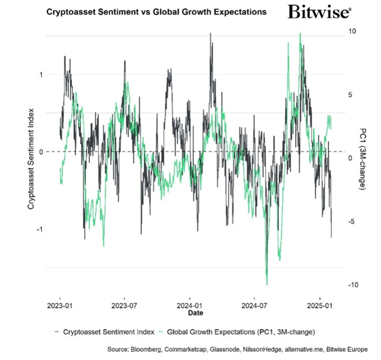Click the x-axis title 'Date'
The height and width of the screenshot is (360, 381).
[195, 314]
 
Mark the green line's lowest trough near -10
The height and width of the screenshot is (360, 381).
[267, 283]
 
